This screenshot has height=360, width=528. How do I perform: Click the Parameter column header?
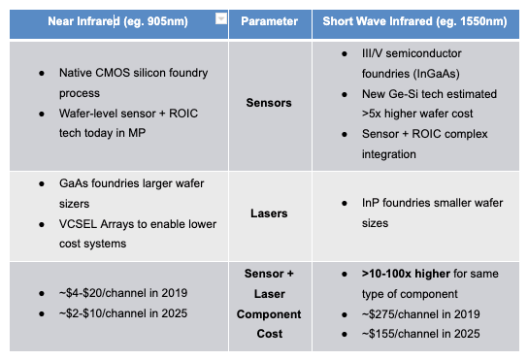(269, 20)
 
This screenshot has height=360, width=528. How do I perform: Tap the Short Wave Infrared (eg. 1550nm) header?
(416, 20)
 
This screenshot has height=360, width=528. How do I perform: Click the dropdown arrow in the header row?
(221, 18)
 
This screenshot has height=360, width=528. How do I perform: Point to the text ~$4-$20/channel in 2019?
(122, 293)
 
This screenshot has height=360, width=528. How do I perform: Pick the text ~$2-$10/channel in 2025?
(122, 312)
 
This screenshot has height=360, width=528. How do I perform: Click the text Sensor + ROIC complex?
(415, 136)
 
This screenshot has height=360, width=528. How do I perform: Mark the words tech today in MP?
(96, 133)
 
